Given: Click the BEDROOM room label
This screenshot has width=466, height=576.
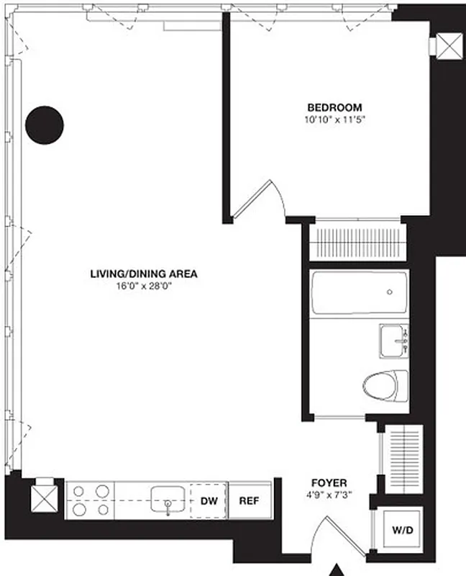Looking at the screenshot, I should pos(332,107).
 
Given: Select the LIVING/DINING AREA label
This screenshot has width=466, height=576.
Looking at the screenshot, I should pos(143,274).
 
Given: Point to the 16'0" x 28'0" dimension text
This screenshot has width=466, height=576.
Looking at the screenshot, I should pos(143,285).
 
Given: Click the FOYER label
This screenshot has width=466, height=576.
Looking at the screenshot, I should pos(329,482).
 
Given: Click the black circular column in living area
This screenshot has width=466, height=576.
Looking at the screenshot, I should pos(45,125).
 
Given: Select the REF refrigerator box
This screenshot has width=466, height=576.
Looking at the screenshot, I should pos(250,500).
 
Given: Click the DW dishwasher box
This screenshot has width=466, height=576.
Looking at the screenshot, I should pos(209,500).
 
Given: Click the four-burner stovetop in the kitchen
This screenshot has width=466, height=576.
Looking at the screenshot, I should pos(90,500).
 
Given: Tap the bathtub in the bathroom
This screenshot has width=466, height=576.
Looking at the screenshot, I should pos(359,292).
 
